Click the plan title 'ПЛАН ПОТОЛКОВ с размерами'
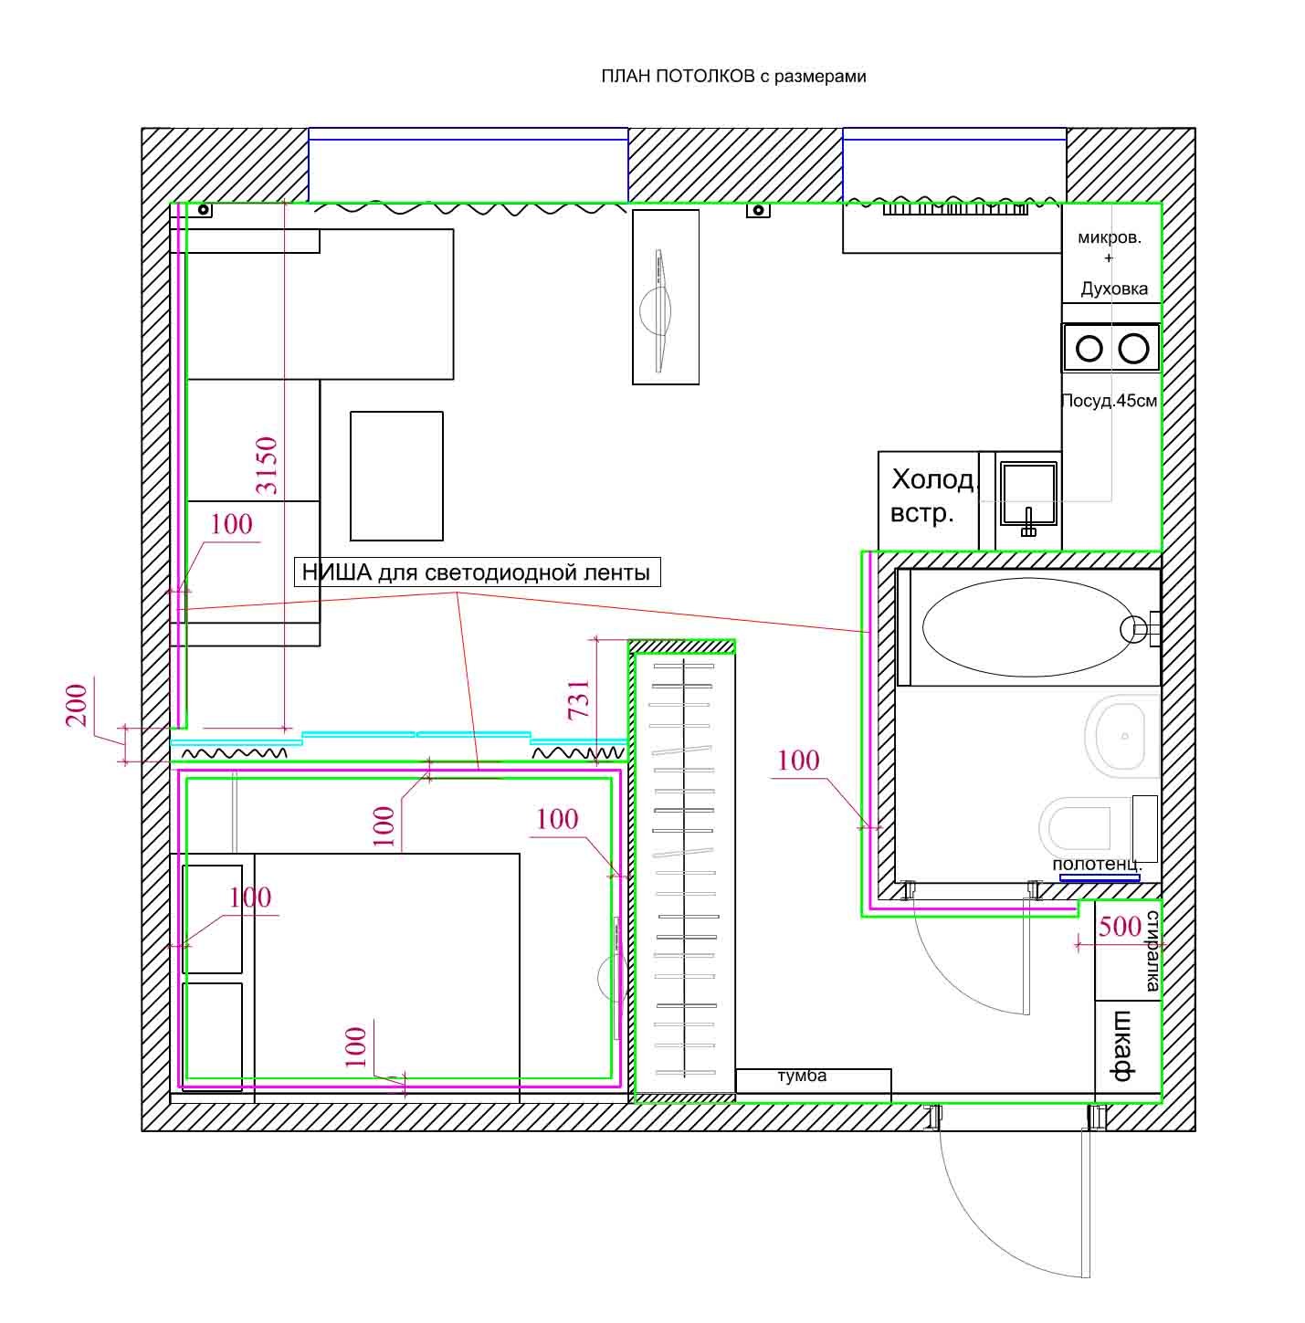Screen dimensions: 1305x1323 click(732, 76)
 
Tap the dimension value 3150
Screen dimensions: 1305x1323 click(267, 465)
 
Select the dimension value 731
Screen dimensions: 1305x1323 click(579, 698)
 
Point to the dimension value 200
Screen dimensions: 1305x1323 click(77, 705)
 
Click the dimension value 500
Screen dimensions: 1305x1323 click(1120, 927)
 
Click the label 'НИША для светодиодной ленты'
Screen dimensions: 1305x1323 click(476, 572)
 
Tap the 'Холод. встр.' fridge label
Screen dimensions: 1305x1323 click(931, 495)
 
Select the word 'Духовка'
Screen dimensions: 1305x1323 click(1114, 289)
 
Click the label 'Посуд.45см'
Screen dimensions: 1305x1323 click(1110, 400)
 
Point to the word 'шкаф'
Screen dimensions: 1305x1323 click(1122, 1045)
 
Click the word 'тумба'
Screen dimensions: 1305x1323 click(802, 1076)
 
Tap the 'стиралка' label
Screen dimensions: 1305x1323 click(1152, 950)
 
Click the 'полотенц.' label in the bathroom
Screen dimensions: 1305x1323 click(1097, 864)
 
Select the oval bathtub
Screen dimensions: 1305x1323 click(1027, 627)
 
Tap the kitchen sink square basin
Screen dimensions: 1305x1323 click(1027, 493)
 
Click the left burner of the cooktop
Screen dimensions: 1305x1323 click(1089, 348)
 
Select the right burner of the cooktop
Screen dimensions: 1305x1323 click(1133, 348)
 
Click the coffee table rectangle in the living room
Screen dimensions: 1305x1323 click(396, 476)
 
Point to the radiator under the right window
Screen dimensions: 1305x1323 click(955, 209)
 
